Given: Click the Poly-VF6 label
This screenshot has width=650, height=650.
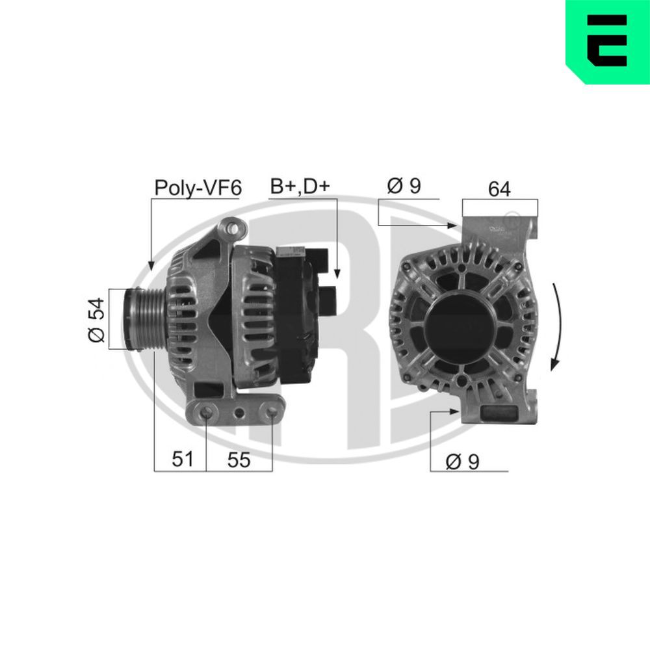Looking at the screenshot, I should pos(198,188).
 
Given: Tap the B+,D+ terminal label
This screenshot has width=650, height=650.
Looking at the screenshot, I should pos(300,187).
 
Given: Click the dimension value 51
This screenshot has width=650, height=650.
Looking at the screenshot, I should pos(183,460).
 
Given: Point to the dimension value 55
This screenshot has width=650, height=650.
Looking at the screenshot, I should pos(239,460).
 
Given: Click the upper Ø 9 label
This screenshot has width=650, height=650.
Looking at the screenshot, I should pos(404,187).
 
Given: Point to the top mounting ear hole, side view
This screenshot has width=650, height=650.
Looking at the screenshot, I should pos(231,228).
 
